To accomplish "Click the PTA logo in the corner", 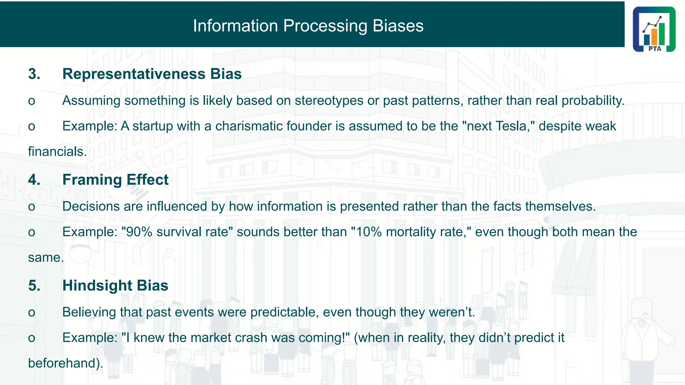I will [654, 29].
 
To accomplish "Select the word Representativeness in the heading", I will [134, 74].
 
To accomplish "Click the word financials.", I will [57, 152].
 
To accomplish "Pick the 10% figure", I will [369, 232].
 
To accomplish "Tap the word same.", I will [45, 258].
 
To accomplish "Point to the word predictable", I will [284, 312].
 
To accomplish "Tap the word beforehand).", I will [66, 363].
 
